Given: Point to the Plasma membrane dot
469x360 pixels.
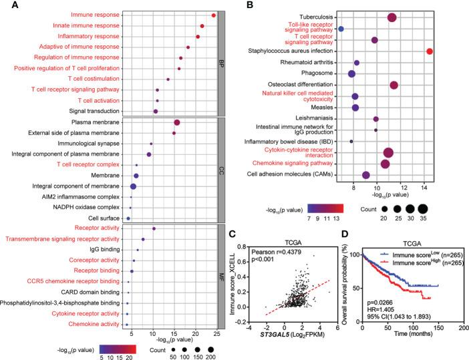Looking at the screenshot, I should click(177, 122).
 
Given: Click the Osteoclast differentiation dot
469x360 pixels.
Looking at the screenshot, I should click(394, 85).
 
